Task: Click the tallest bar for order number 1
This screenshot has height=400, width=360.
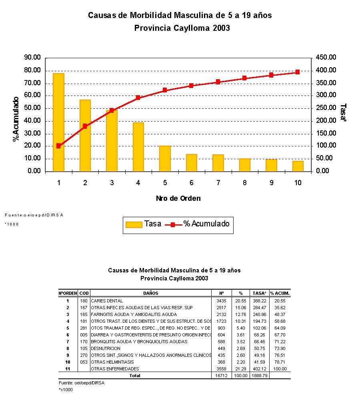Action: pyautogui.click(x=58, y=122)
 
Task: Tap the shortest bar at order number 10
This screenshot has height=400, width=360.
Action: pyautogui.click(x=298, y=166)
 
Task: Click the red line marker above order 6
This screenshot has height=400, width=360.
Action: pyautogui.click(x=191, y=86)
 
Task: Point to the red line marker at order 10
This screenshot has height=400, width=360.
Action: pyautogui.click(x=298, y=72)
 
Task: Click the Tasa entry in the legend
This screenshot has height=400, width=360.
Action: pyautogui.click(x=143, y=224)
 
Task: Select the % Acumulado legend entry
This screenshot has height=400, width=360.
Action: pyautogui.click(x=198, y=224)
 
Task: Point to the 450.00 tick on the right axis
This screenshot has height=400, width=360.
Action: pyautogui.click(x=326, y=58)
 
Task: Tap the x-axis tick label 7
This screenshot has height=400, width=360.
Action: pyautogui.click(x=218, y=183)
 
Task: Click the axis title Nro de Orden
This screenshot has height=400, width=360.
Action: pyautogui.click(x=178, y=198)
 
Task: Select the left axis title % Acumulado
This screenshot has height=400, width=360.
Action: pyautogui.click(x=16, y=119)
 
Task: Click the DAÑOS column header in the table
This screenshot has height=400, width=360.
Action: pyautogui.click(x=150, y=293)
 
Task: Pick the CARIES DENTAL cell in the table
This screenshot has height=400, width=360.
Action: pyautogui.click(x=107, y=301)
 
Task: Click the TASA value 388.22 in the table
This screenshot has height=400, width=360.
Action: pyautogui.click(x=259, y=301)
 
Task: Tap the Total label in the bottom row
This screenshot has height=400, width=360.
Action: pyautogui.click(x=135, y=376)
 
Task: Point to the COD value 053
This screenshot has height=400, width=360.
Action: pyautogui.click(x=84, y=362)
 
